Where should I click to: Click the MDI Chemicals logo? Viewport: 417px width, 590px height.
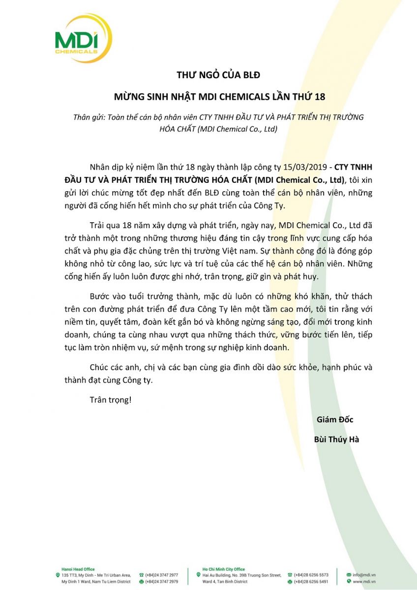coord(83,38)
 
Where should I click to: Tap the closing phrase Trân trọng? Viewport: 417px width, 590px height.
coord(111,399)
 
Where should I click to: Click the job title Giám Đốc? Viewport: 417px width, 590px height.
coord(335,419)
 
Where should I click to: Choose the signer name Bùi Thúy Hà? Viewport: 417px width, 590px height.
coord(336,440)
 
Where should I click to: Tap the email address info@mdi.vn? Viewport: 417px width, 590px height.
coord(364,575)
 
